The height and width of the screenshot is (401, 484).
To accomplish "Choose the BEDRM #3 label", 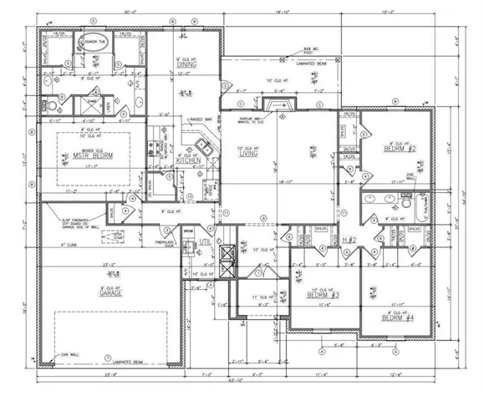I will (x=319, y=295).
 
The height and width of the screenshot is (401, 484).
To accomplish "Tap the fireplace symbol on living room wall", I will (x=273, y=104).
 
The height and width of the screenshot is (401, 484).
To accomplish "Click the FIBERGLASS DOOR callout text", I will (x=162, y=244).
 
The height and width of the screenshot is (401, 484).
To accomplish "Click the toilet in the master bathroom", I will (x=53, y=105).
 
